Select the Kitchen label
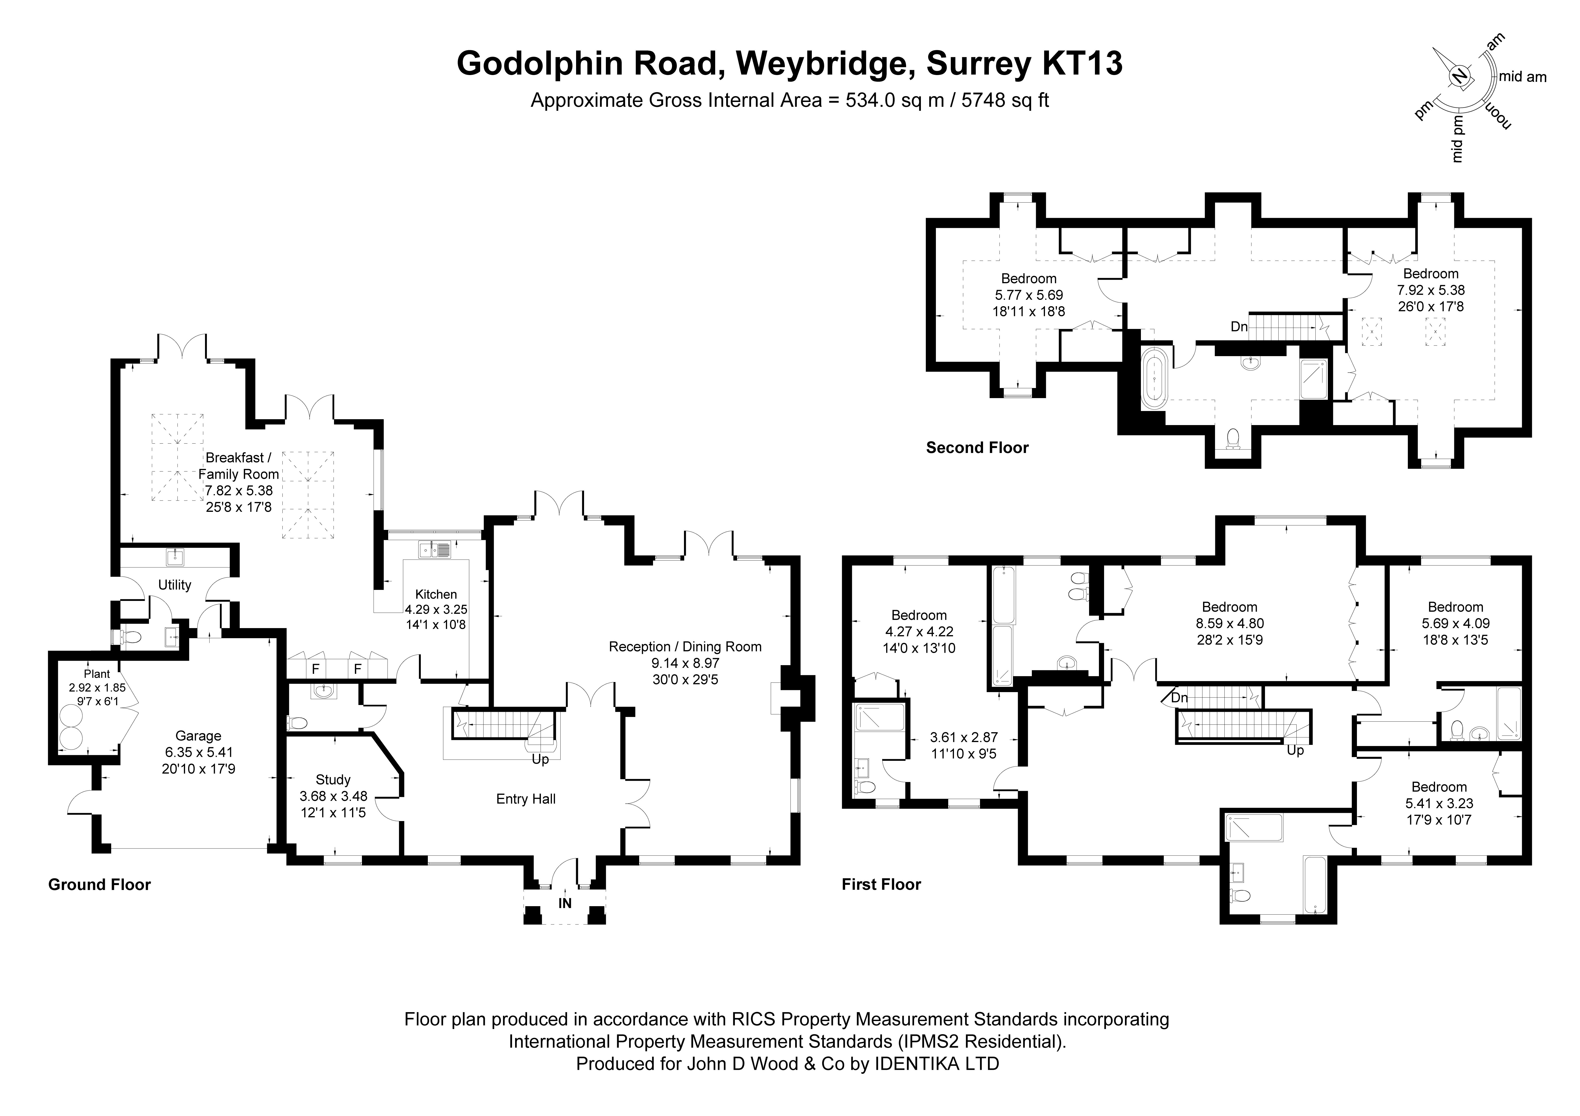pos(436,595)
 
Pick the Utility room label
pos(175,585)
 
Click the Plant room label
pos(97,674)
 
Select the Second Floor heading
pos(977,448)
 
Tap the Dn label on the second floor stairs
pos(1239,327)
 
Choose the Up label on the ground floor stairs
pos(540,760)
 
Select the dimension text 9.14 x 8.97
pos(685,663)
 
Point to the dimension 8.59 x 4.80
pos(1230,623)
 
